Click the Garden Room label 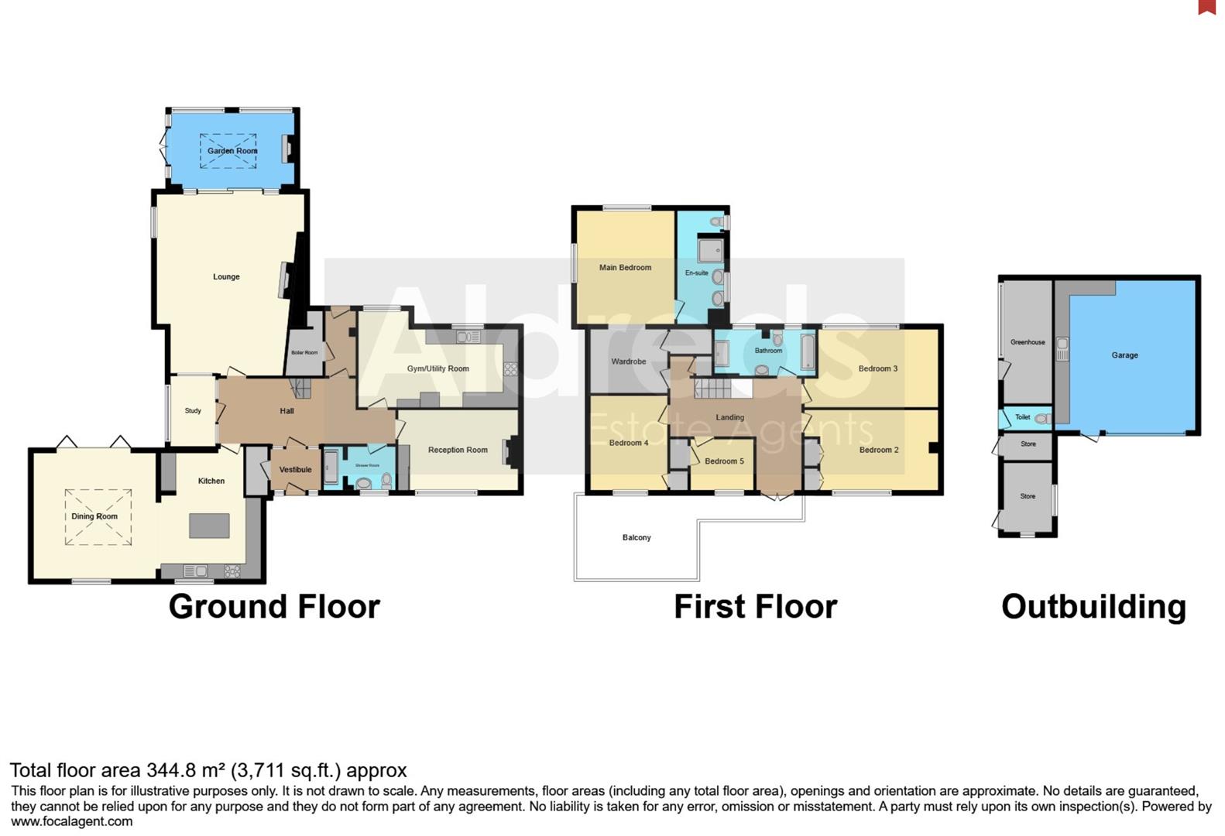(232, 151)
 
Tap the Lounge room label (226, 276)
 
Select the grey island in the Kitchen (210, 526)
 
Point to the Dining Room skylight (98, 517)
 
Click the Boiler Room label (304, 353)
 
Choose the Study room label (193, 411)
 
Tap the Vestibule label (295, 470)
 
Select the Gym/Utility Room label (437, 368)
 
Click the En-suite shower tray (710, 249)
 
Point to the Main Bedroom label (625, 268)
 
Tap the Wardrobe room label (628, 361)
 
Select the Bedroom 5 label (724, 461)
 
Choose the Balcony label (637, 537)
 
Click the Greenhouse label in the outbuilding (1027, 342)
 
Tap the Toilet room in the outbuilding (1024, 417)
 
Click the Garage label (1124, 355)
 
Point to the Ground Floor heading (274, 606)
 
